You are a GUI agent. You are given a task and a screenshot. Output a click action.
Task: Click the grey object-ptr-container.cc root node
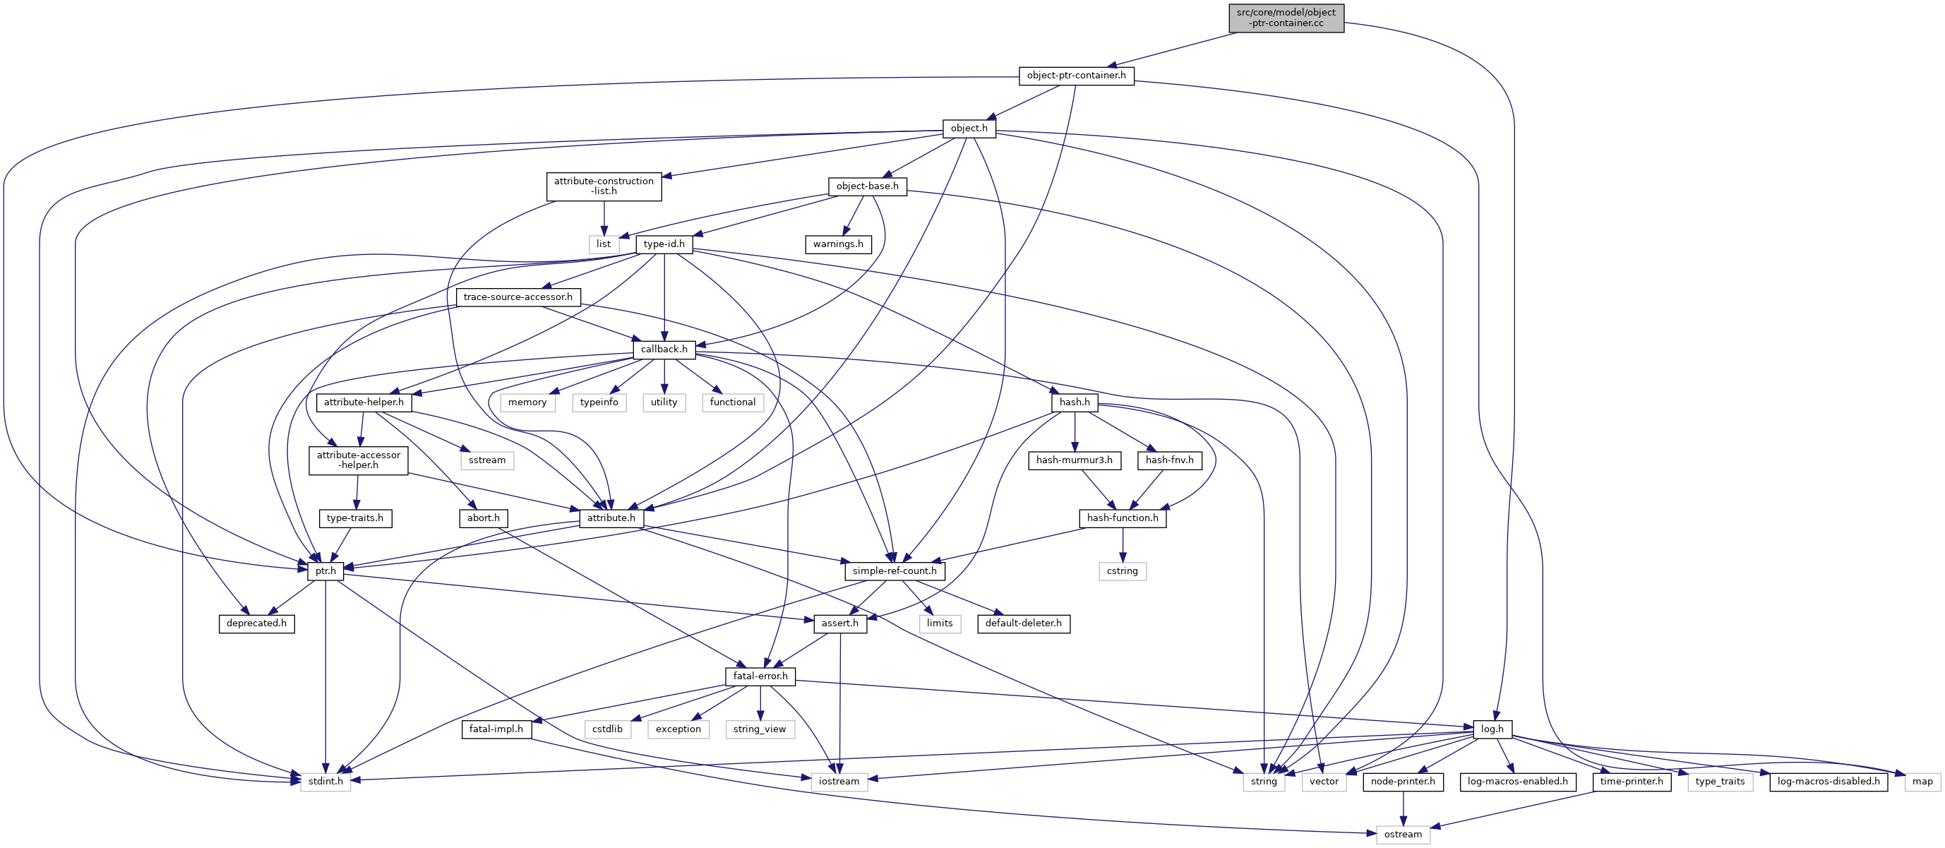(1286, 18)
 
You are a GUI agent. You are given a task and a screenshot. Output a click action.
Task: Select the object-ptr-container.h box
(1076, 76)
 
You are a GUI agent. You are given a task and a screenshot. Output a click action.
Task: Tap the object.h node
(969, 129)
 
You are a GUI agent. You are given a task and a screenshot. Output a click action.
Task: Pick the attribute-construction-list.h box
(604, 186)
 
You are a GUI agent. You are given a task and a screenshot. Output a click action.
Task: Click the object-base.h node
(867, 186)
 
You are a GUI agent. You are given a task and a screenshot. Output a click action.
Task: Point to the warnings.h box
(838, 244)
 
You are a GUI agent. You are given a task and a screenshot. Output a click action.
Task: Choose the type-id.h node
(664, 244)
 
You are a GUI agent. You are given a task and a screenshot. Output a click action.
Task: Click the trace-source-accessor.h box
(518, 297)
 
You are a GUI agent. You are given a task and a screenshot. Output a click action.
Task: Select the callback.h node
(664, 350)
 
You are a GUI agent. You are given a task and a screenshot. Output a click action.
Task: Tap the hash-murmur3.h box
(1074, 460)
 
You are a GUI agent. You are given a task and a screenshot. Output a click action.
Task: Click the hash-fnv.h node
(1169, 460)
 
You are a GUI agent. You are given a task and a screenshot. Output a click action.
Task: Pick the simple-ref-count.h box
(894, 571)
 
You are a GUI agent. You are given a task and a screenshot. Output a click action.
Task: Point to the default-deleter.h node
(1023, 623)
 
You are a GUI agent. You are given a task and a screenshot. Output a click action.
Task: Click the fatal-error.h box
(760, 676)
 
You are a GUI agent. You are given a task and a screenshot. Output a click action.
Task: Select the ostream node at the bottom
(1403, 835)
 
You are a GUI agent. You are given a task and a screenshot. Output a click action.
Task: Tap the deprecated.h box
(256, 623)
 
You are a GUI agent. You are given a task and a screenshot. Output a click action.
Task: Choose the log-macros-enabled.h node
(1518, 782)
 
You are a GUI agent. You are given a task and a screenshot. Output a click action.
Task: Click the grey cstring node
(1122, 571)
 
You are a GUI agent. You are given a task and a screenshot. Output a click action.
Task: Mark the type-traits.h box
(355, 518)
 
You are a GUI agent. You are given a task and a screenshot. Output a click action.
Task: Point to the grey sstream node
(487, 460)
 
